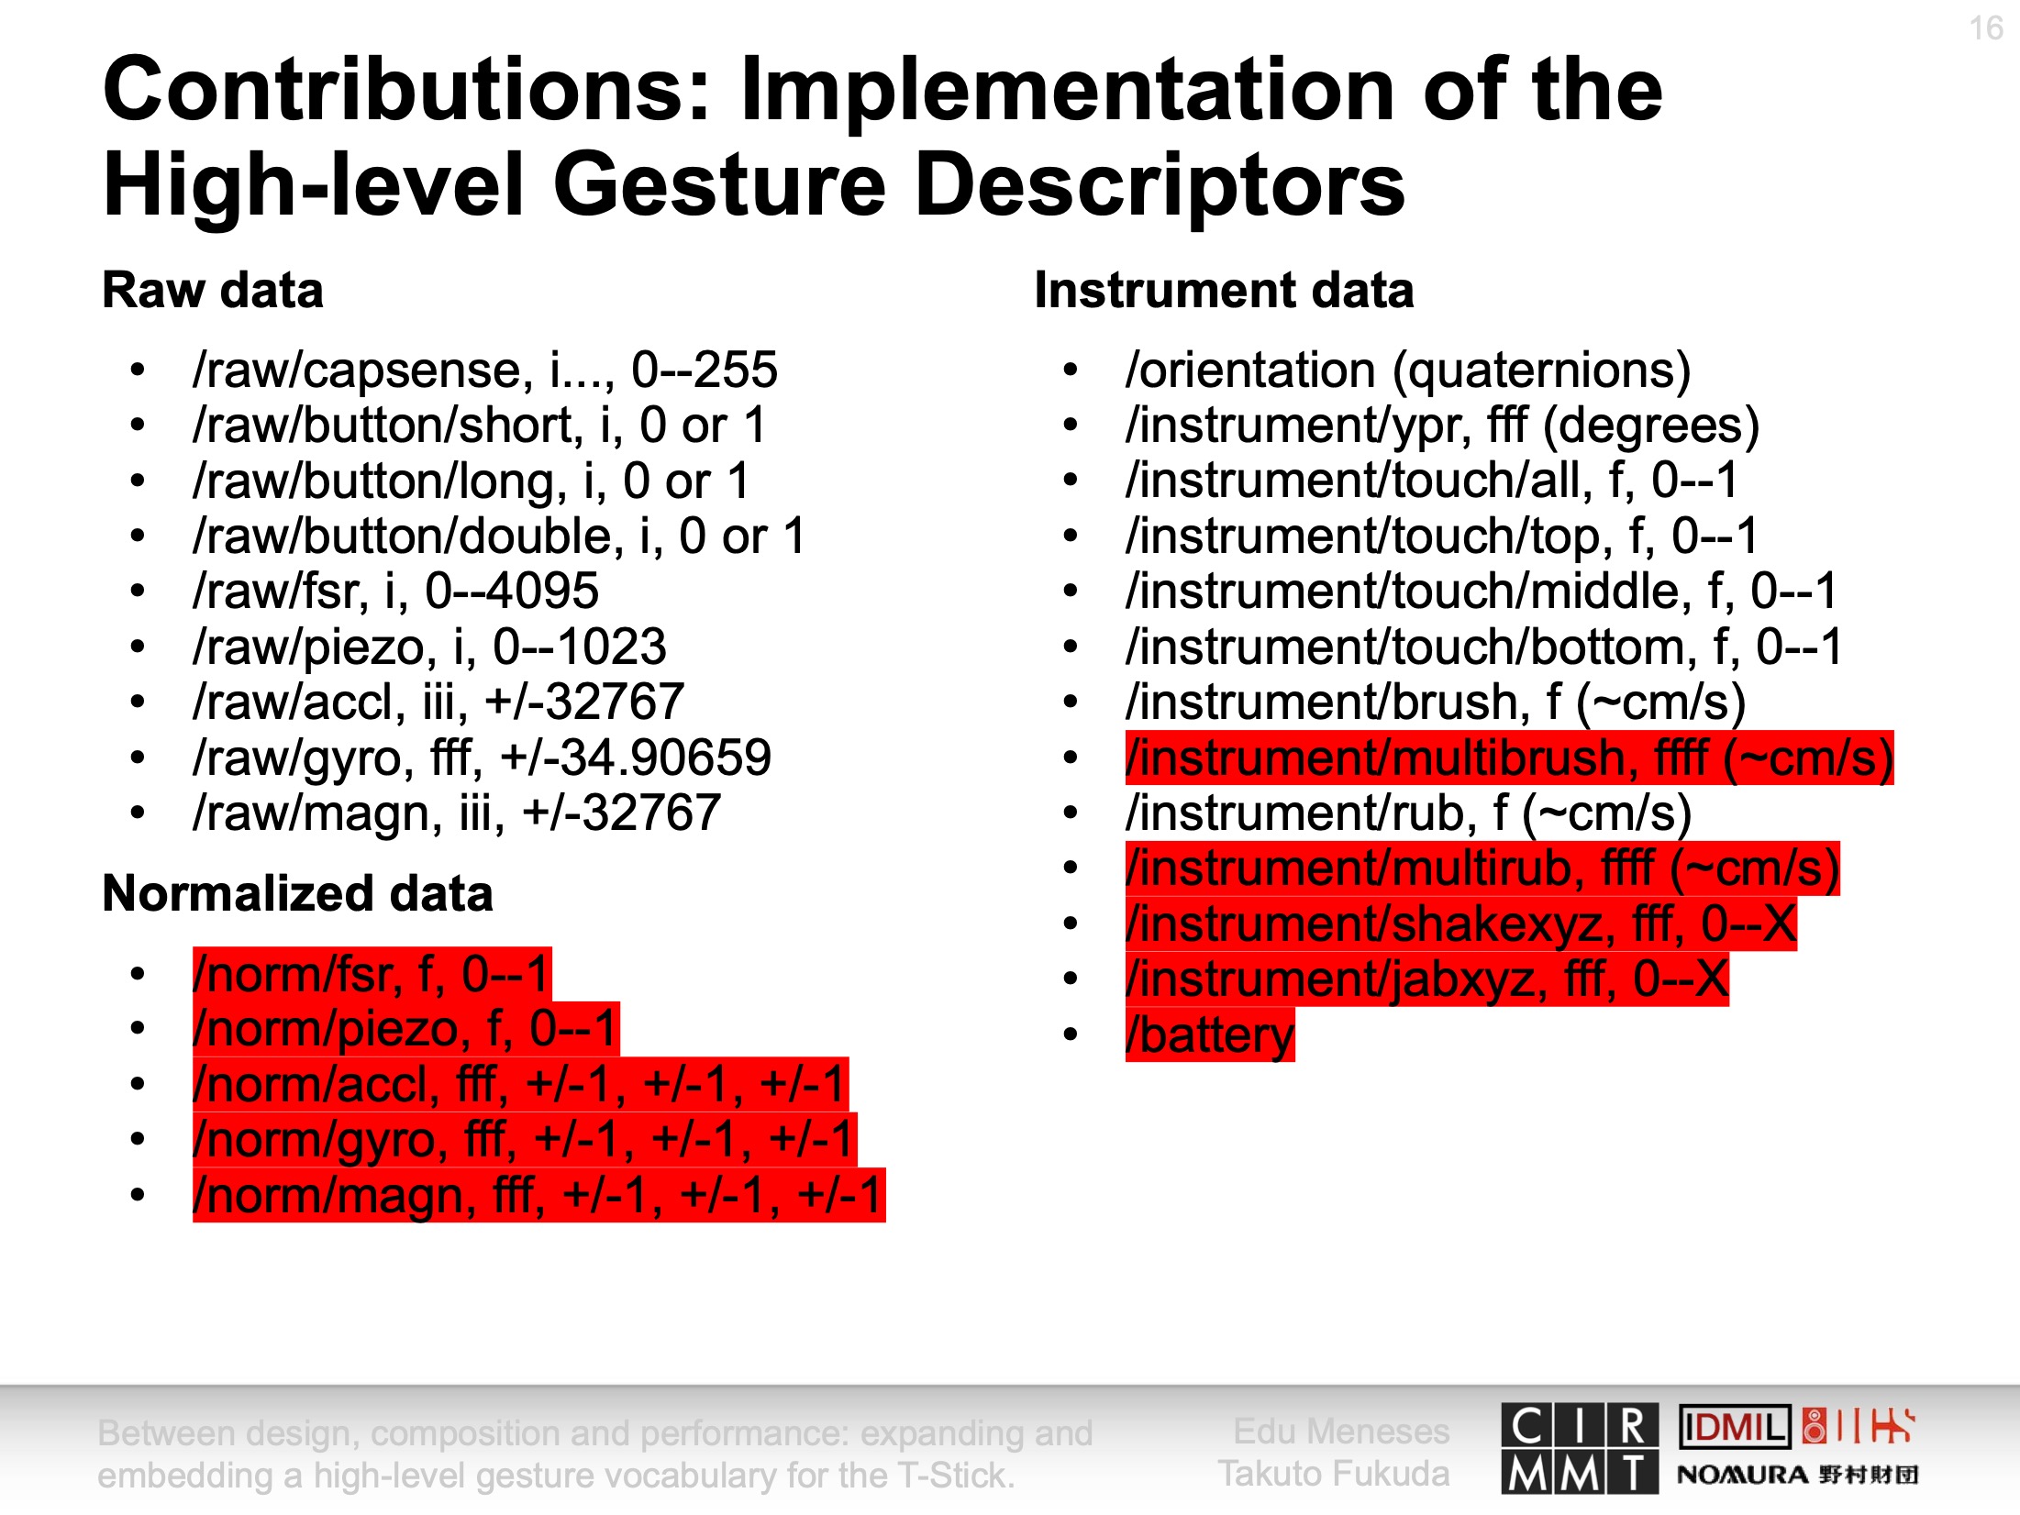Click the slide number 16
[x=1986, y=28]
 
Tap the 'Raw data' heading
[x=213, y=290]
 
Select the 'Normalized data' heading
[x=298, y=893]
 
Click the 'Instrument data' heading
[x=1224, y=290]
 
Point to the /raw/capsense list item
[x=485, y=370]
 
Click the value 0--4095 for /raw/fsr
[x=513, y=591]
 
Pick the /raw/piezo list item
[x=429, y=647]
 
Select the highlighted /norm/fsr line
[x=372, y=974]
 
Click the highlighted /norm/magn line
[x=539, y=1195]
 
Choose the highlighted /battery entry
[x=1210, y=1035]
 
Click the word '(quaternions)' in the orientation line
[x=1541, y=370]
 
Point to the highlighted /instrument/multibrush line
[x=1509, y=758]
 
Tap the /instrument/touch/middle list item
[x=1482, y=591]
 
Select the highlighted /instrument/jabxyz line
[x=1427, y=979]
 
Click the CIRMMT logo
[x=1580, y=1448]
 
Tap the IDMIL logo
[x=1735, y=1427]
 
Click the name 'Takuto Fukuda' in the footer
[x=1334, y=1474]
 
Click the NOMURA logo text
[x=1743, y=1475]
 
